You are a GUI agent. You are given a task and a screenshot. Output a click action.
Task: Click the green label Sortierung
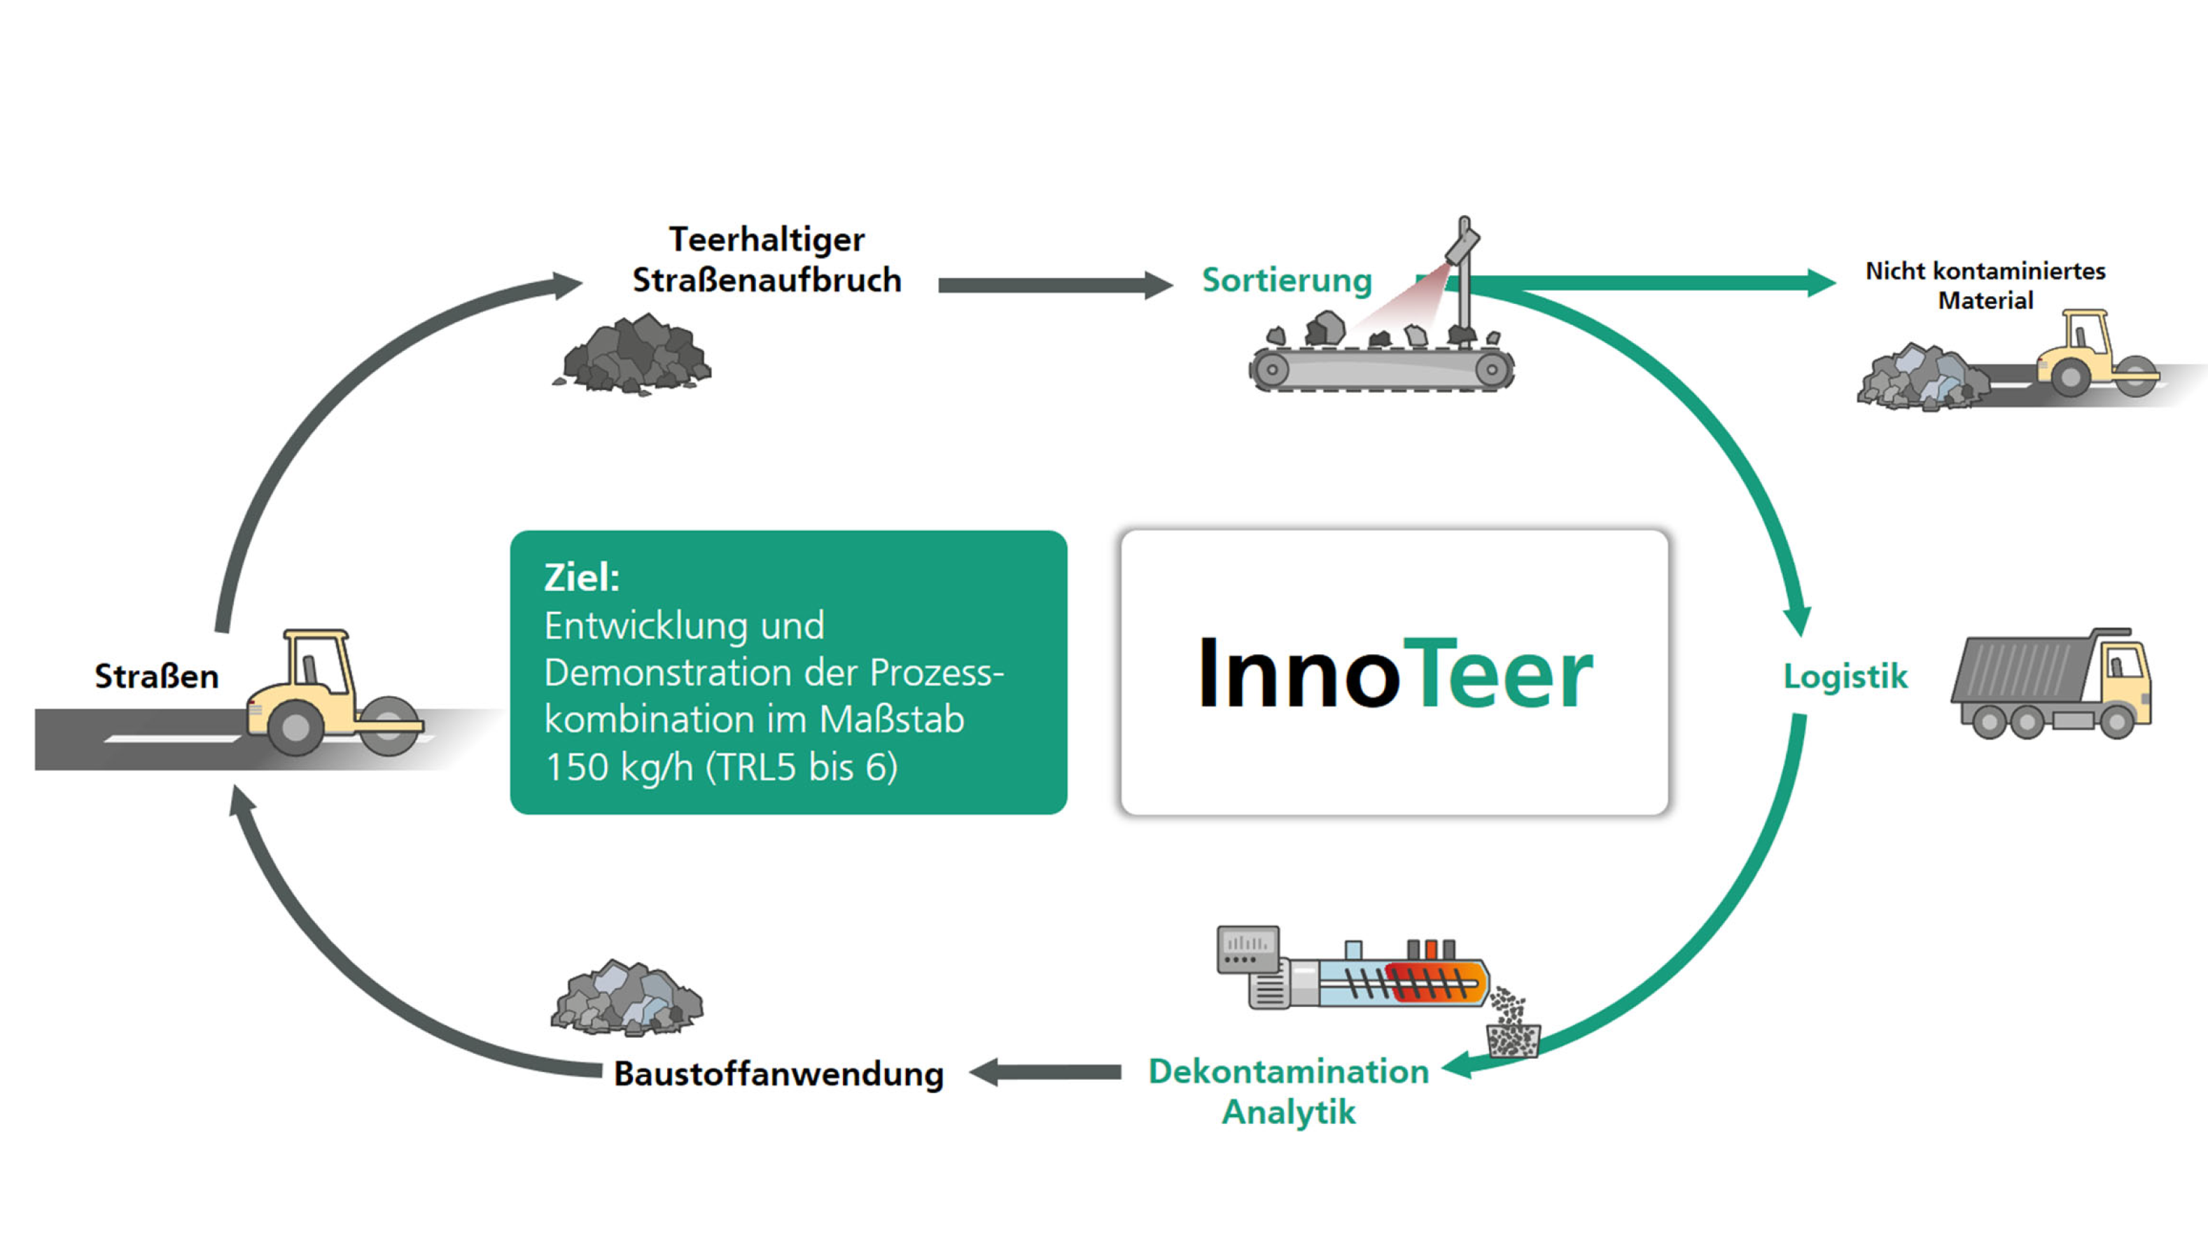coord(1286,280)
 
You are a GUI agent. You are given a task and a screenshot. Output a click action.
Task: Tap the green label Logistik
coord(1845,676)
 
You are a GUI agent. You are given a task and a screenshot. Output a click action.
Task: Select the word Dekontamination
coord(1288,1071)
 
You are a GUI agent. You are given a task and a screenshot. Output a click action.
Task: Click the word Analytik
coord(1288,1113)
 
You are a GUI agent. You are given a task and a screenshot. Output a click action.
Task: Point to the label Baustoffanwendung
coord(778,1074)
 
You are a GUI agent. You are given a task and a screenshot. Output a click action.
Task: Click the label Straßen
coord(156,676)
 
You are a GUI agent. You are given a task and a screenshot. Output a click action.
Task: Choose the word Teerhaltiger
coord(767,239)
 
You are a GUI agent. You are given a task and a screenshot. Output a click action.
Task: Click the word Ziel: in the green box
coord(581,577)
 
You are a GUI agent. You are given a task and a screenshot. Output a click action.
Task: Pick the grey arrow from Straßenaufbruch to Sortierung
coord(1054,286)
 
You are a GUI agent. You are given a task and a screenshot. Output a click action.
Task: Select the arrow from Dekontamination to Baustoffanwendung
coord(1046,1072)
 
